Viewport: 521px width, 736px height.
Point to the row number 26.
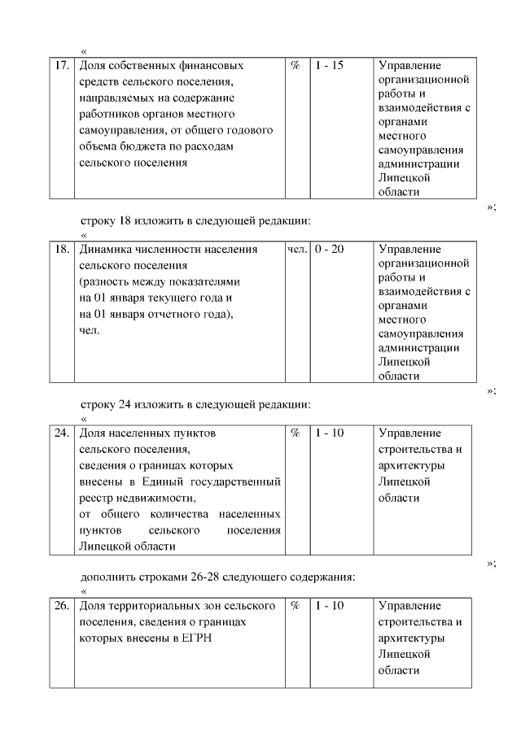(61, 606)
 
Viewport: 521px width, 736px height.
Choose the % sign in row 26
(296, 606)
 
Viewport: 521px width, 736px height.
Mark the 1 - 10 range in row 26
(329, 606)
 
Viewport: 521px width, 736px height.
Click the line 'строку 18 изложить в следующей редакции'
(195, 220)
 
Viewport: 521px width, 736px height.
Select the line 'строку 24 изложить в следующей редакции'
(195, 404)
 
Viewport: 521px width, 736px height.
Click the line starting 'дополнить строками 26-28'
(217, 577)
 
